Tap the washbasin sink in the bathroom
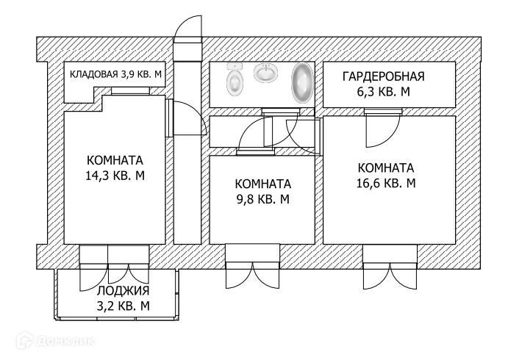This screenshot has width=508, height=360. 266,73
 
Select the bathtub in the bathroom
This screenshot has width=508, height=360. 301,82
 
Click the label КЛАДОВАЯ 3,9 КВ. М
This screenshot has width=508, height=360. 116,73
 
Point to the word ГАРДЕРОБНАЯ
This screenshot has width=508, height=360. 384,76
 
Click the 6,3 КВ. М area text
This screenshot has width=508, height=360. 383,91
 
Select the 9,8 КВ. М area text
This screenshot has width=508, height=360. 262,198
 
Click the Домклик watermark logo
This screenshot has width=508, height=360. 63,341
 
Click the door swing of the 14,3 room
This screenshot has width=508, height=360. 188,118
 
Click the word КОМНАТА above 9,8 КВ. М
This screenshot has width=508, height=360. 262,184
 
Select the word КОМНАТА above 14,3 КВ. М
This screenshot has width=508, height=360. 115,161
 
